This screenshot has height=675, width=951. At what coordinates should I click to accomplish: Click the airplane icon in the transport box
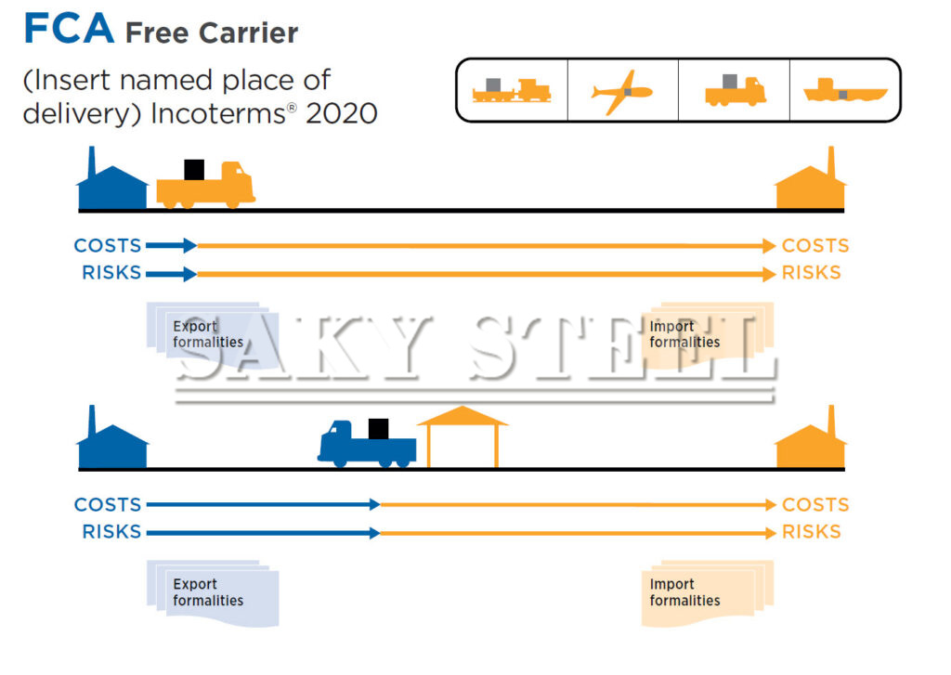click(x=621, y=91)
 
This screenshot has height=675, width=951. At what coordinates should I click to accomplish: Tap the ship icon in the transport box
click(x=844, y=91)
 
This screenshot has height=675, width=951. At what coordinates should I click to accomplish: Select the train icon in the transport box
click(x=511, y=89)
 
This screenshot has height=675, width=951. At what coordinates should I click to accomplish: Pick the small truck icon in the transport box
click(x=734, y=90)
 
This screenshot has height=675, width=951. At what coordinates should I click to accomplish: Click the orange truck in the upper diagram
click(x=206, y=185)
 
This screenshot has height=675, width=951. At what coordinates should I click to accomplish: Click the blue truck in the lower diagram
click(x=366, y=444)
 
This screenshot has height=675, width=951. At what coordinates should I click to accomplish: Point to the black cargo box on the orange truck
click(x=194, y=169)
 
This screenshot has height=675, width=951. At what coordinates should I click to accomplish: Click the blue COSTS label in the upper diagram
click(x=108, y=246)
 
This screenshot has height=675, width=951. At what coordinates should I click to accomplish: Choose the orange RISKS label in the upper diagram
click(x=812, y=273)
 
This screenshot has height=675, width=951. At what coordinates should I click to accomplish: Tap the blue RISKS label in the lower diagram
click(x=111, y=532)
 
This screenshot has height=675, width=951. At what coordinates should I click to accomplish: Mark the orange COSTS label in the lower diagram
click(x=815, y=505)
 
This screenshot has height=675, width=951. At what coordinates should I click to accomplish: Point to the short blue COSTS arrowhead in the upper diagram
click(x=189, y=246)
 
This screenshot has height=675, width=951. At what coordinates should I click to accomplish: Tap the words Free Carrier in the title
click(x=212, y=33)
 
